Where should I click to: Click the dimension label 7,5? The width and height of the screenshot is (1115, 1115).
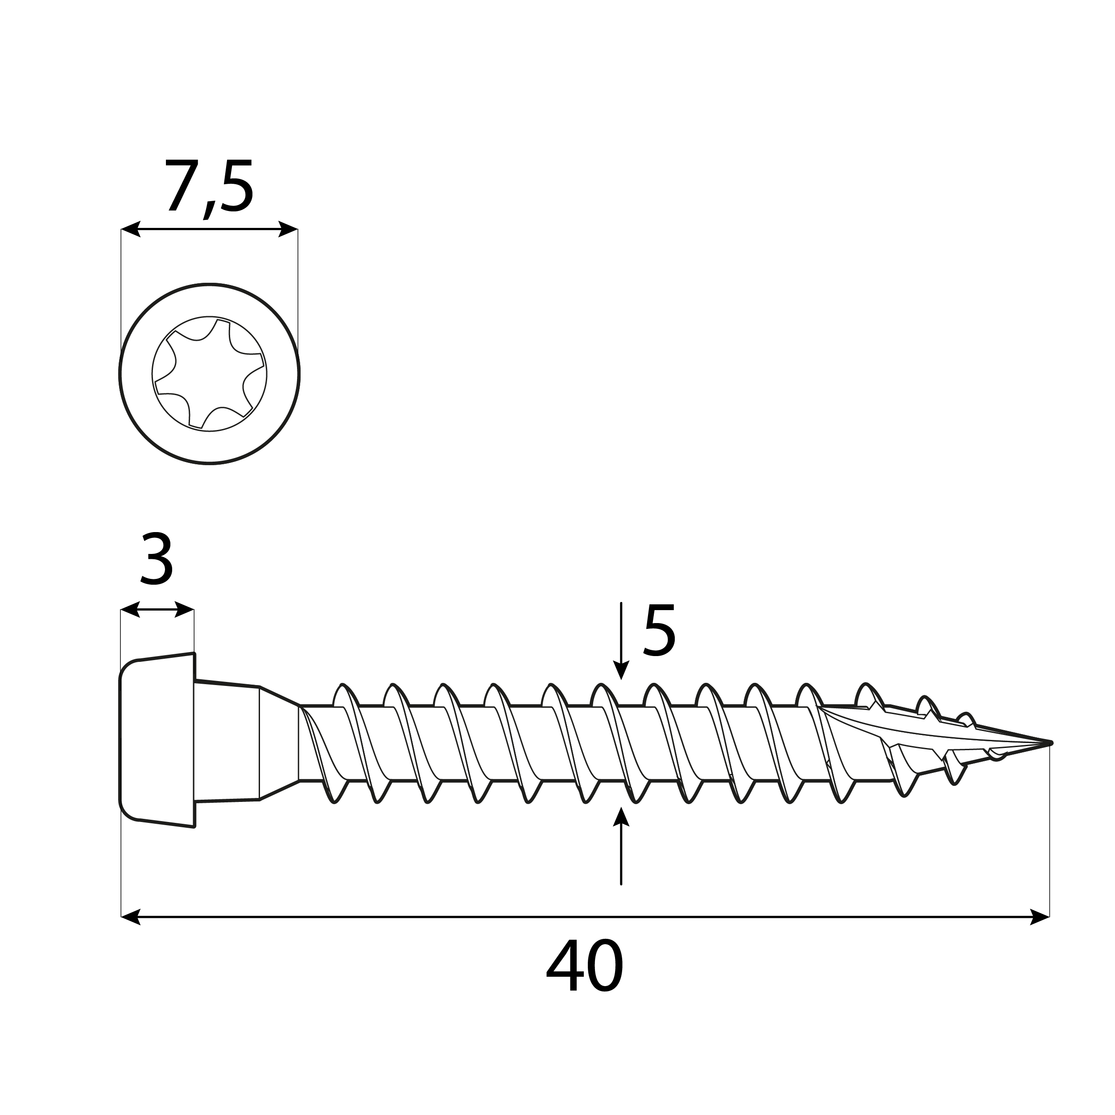click(x=209, y=187)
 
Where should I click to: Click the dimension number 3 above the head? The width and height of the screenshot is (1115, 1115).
click(x=157, y=559)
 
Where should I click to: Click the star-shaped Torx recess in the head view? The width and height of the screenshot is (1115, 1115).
click(x=210, y=374)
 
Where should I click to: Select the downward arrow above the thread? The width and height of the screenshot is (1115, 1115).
click(x=620, y=669)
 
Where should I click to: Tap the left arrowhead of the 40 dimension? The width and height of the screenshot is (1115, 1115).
click(x=130, y=917)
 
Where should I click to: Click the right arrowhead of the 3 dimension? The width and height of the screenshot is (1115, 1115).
click(x=185, y=609)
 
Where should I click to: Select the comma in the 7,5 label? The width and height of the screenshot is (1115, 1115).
click(x=208, y=210)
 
